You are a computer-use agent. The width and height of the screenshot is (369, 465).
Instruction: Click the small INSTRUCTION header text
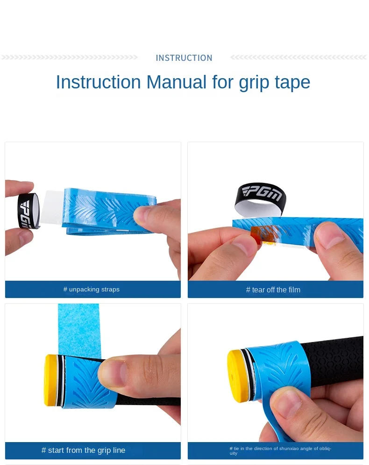point(184,58)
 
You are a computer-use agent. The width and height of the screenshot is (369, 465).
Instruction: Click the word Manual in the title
point(176,82)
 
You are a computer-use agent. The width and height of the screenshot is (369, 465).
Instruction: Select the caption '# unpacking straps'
point(92,290)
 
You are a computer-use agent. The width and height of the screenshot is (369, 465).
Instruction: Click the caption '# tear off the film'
point(273,290)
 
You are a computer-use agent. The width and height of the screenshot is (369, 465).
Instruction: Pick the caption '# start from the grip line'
point(84,450)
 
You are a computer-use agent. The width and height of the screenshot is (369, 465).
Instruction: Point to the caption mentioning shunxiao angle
point(280,450)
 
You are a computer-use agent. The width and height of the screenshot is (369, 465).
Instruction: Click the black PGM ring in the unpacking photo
point(28,211)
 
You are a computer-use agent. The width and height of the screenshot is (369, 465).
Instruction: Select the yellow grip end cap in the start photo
point(51,380)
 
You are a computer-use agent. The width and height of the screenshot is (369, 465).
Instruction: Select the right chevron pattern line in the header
point(299,58)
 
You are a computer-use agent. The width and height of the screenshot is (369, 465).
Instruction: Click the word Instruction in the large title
point(98,82)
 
